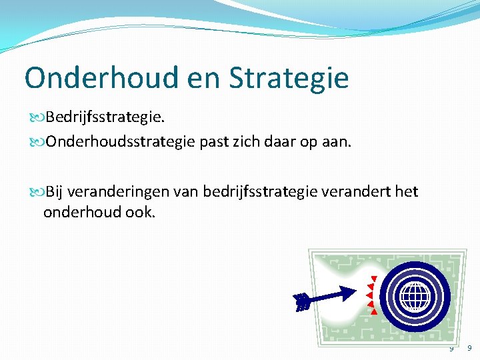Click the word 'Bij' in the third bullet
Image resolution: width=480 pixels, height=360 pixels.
pos(55,193)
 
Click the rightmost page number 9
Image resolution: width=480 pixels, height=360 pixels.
pos(469,348)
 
